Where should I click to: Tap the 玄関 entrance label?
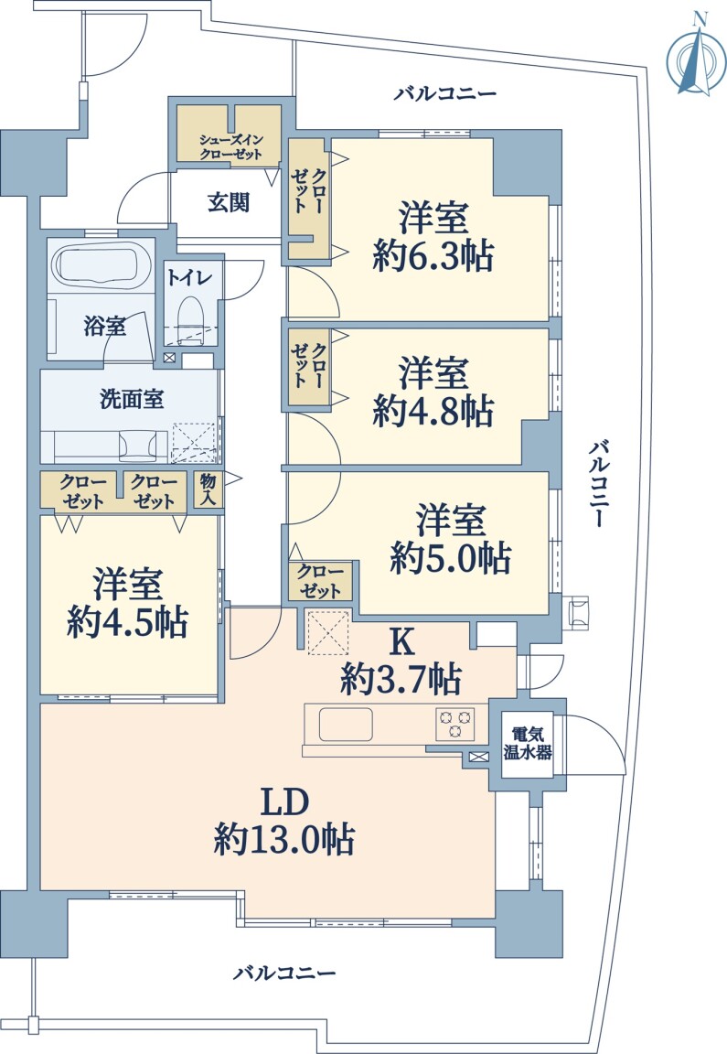click(x=229, y=201)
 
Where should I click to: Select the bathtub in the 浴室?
click(x=100, y=267)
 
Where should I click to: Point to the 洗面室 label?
click(x=132, y=399)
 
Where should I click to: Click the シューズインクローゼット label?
click(x=230, y=147)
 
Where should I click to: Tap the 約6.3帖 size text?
click(x=433, y=256)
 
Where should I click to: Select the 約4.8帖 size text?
click(x=433, y=411)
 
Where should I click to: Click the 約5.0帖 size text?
click(x=450, y=558)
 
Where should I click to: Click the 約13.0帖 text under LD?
click(x=284, y=839)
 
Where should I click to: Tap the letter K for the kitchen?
click(x=401, y=642)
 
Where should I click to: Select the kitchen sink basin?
click(x=346, y=724)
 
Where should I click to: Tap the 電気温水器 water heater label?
click(x=528, y=744)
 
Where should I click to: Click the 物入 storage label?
click(x=208, y=489)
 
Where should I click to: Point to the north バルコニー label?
click(x=444, y=92)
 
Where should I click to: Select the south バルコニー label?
click(x=284, y=973)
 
